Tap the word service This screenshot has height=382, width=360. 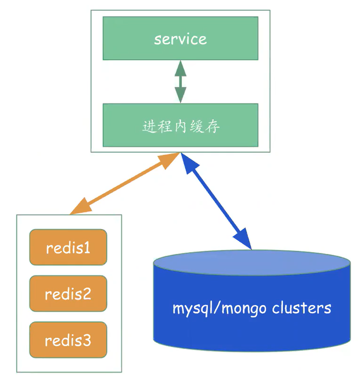(x=180, y=39)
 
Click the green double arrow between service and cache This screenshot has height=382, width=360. (x=180, y=82)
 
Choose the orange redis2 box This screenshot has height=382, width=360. (x=68, y=294)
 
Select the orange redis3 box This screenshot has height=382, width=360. (x=68, y=340)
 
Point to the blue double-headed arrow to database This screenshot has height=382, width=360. (x=216, y=201)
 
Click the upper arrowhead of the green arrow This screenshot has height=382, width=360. (x=180, y=67)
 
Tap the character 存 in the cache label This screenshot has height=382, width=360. (x=212, y=127)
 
